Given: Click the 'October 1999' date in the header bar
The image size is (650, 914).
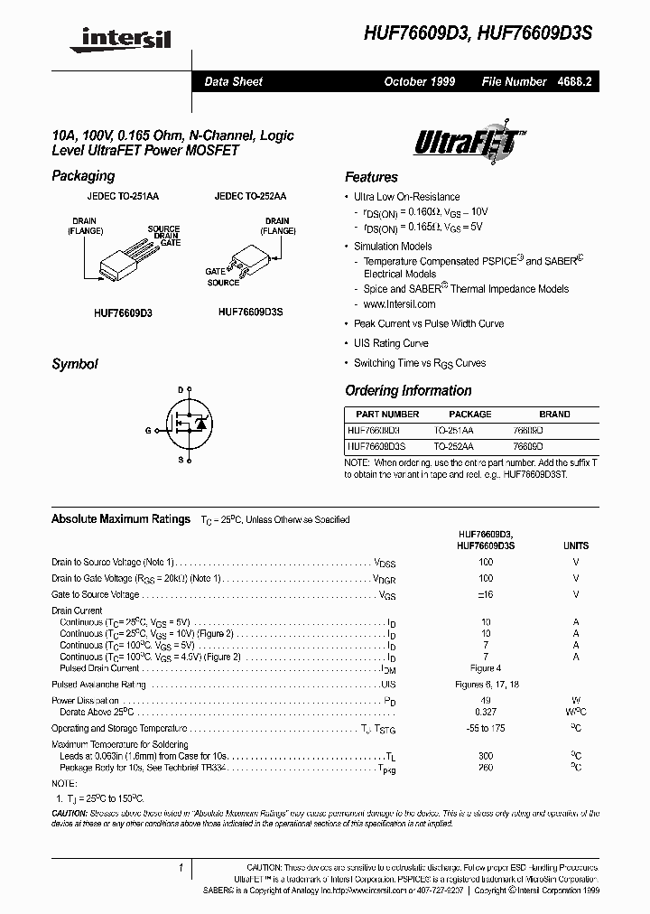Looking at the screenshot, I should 419,81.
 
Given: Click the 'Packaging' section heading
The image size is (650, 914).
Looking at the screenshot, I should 83,176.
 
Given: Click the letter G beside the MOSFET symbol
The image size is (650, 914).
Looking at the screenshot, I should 148,430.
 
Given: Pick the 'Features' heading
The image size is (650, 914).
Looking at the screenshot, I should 371,177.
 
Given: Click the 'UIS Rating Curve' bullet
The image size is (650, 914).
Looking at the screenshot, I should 391,343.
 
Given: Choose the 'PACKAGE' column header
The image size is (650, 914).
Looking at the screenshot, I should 470,414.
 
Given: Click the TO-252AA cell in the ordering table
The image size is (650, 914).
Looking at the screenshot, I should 453,446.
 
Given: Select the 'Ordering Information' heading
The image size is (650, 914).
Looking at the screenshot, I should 408,390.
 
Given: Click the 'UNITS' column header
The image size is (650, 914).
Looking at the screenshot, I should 575,546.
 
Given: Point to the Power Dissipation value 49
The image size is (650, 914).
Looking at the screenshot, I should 486,700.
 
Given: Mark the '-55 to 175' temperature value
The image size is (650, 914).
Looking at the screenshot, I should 486,728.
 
